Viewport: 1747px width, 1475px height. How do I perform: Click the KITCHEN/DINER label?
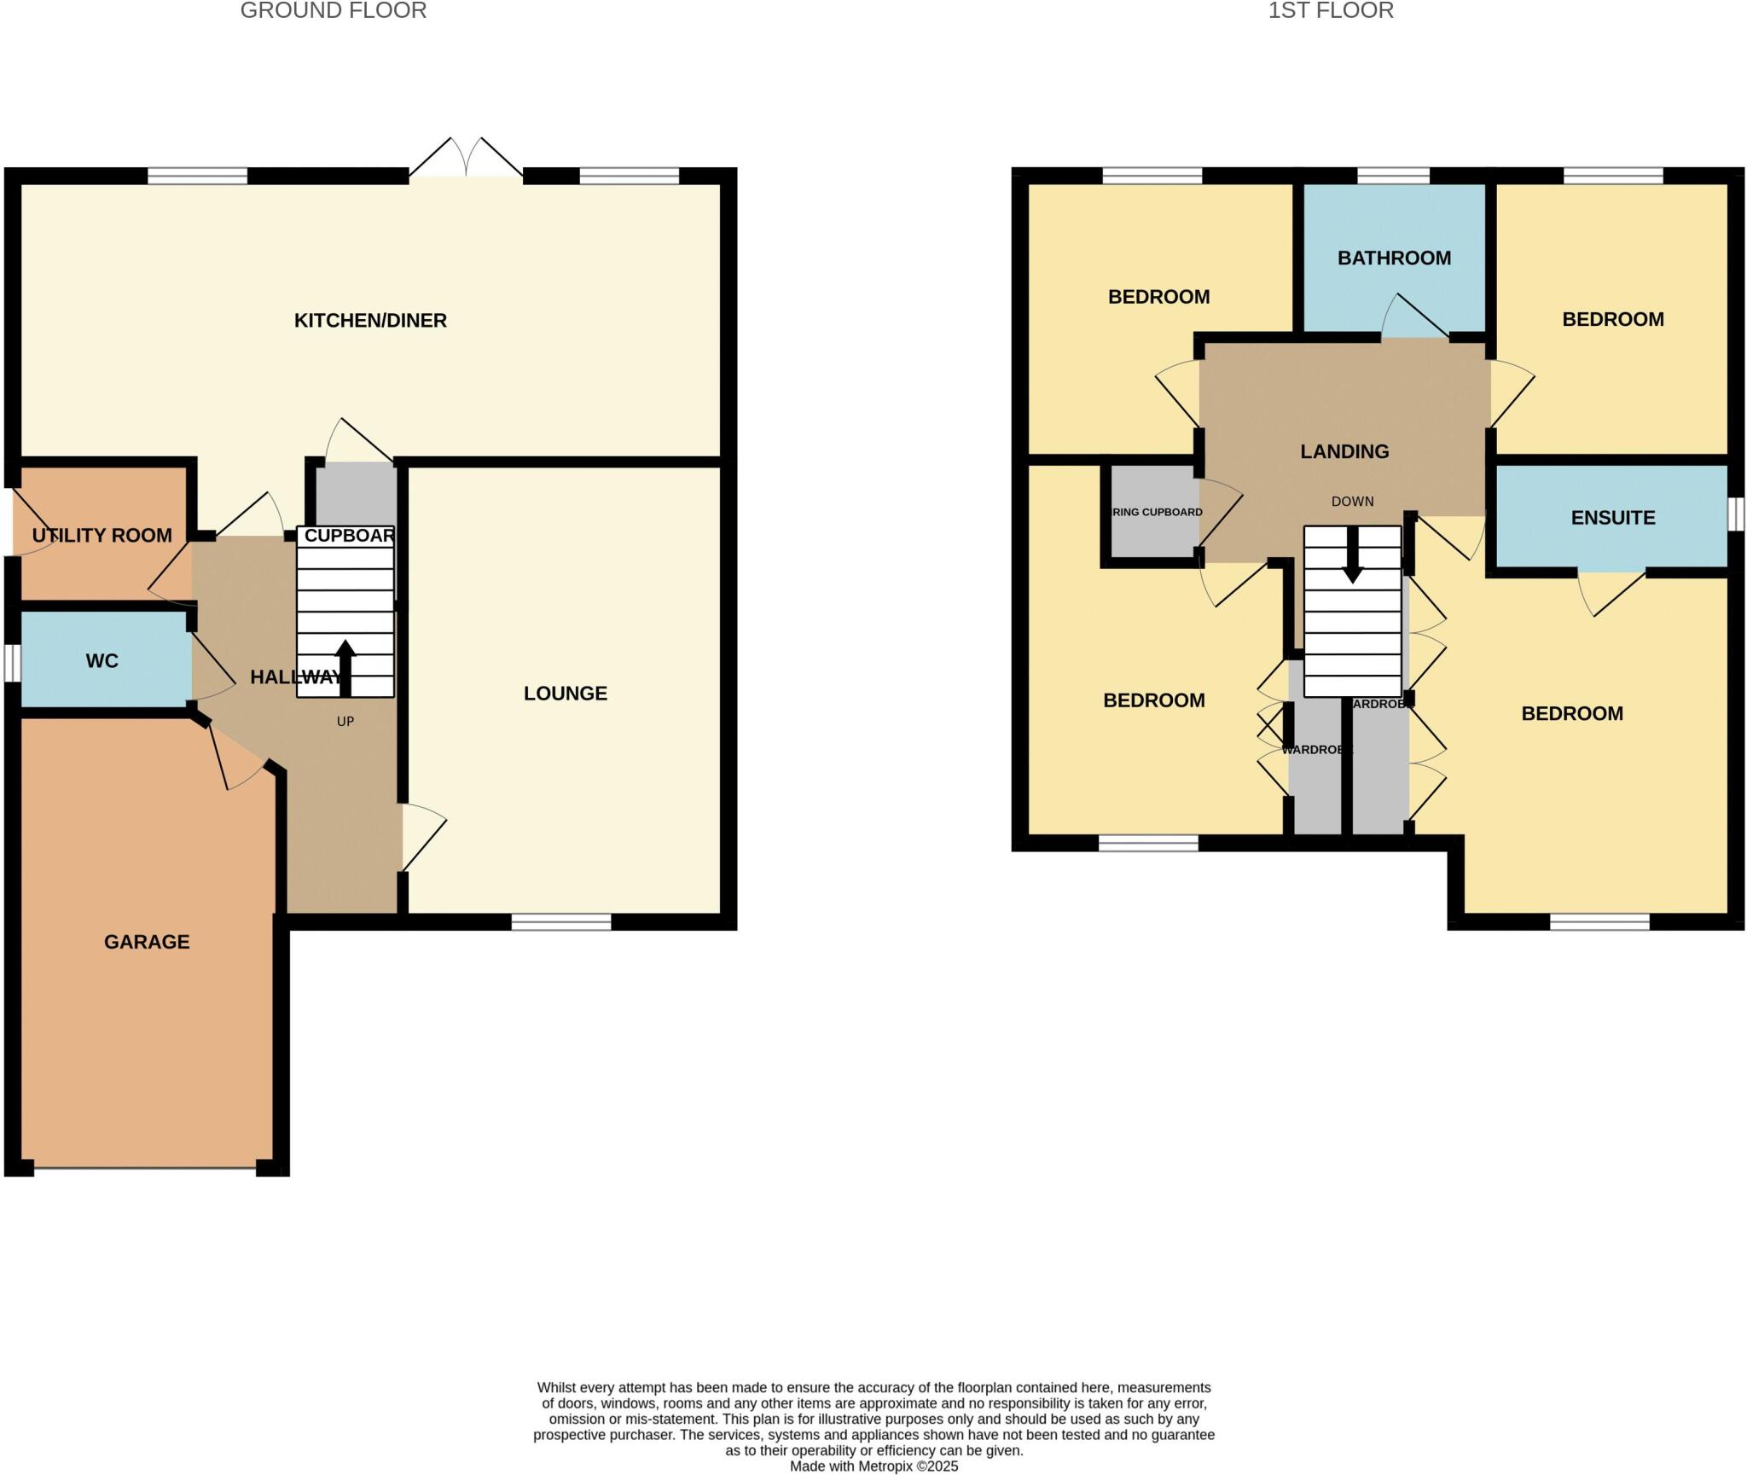coord(370,321)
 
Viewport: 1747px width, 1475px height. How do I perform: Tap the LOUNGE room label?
coord(565,694)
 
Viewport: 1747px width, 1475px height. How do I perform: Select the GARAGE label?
coord(147,942)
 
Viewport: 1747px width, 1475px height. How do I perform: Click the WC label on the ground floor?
coord(102,661)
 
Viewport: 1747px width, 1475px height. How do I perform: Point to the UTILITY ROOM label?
coord(102,536)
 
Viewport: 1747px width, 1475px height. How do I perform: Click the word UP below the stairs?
coord(345,722)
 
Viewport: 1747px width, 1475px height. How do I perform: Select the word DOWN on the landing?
coord(1352,502)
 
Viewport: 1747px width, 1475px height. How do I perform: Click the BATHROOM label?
coord(1394,258)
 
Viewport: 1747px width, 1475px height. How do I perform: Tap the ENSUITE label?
coord(1612,518)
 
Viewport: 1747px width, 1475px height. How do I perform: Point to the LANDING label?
coord(1344,452)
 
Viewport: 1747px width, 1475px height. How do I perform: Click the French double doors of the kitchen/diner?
coord(466,162)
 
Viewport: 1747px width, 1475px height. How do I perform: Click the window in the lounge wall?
coord(561,921)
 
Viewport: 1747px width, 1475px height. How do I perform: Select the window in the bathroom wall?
coord(1393,176)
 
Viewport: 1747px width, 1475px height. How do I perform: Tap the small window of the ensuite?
coord(1736,514)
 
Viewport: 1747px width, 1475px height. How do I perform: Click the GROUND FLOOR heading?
coord(334,11)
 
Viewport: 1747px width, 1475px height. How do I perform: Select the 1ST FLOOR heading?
coord(1330,11)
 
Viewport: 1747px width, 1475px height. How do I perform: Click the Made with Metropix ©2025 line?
coord(873,1466)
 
